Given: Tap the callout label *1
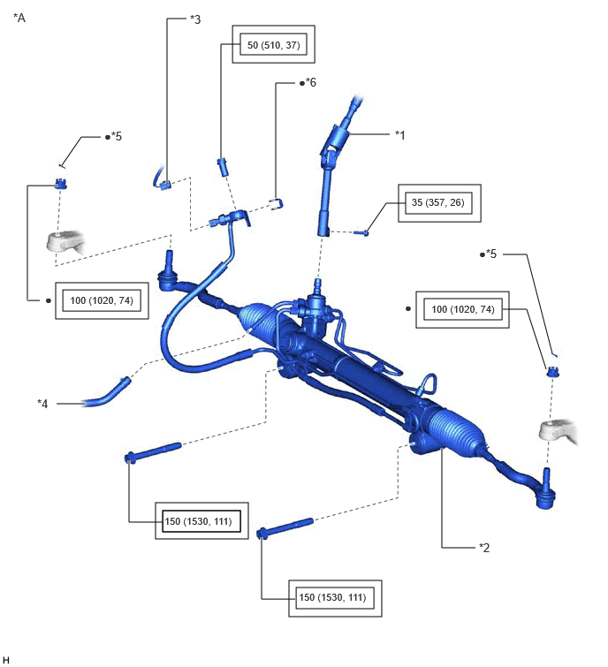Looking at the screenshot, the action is click(x=399, y=135).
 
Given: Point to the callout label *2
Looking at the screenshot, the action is click(x=484, y=548).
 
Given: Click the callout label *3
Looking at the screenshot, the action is click(x=195, y=19).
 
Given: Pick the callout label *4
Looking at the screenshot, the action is click(x=42, y=403).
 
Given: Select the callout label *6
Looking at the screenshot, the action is click(x=310, y=82).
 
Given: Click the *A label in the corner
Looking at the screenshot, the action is click(x=19, y=18).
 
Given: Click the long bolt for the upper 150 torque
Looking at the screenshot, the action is click(x=153, y=452).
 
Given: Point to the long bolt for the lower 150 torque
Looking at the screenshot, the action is click(x=285, y=528).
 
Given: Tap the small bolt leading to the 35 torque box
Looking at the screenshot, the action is click(x=361, y=232).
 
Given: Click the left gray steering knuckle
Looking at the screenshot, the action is click(x=65, y=241).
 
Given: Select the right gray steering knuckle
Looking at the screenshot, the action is click(x=559, y=430).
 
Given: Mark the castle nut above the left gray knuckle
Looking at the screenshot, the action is click(x=61, y=184).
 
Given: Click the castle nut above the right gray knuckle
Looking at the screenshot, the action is click(x=552, y=372).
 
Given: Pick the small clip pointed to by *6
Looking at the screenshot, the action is click(x=277, y=204).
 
